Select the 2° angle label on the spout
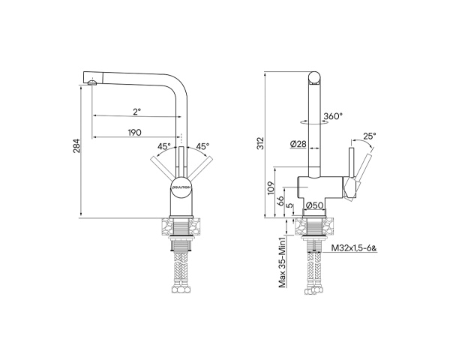coord(136,112)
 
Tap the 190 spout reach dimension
coord(135,132)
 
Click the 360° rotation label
coord(333,116)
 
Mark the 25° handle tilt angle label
coord(368,136)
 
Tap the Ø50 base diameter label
coord(314,204)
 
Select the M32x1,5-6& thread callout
coord(354,246)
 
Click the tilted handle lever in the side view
coord(363,174)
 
